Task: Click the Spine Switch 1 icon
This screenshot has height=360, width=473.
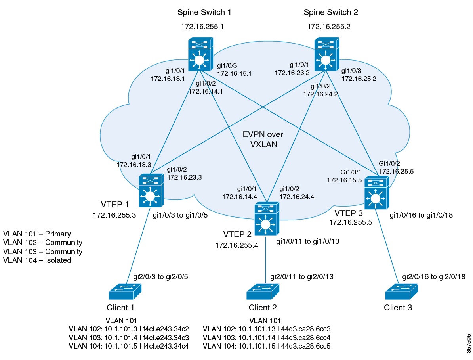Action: [200, 55]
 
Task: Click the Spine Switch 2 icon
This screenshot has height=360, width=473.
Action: [326, 55]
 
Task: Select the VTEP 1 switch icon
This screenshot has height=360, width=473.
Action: [151, 191]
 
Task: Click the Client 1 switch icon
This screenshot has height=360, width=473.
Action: [125, 293]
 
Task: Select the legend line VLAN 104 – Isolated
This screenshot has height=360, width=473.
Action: [37, 260]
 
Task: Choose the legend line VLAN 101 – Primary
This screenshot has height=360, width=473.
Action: [37, 234]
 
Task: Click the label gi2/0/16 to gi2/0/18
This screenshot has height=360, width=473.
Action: [434, 276]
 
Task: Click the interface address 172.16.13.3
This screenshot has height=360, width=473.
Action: [134, 163]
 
